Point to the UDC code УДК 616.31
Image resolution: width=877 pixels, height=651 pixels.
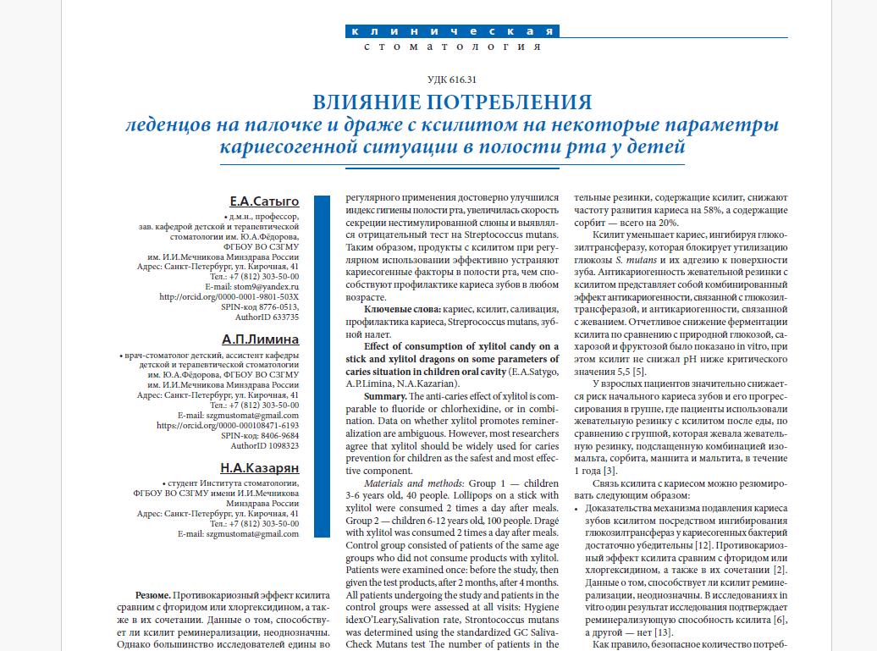pos(452,80)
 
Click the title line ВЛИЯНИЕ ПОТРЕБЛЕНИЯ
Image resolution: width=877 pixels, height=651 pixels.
pos(452,102)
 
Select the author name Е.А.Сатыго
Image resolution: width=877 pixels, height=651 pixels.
pos(264,201)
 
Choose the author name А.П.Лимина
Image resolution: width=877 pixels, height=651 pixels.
pos(261,339)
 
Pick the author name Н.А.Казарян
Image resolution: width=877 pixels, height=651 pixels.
pos(259,467)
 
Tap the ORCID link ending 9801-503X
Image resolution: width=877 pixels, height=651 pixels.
pos(229,297)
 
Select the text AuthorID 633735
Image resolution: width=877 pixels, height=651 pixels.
pos(267,317)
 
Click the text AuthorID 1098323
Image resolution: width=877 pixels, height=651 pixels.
pos(265,446)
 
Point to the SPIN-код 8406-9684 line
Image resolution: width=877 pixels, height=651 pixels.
pos(260,436)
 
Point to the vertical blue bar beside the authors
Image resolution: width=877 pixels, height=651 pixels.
pos(322,367)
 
